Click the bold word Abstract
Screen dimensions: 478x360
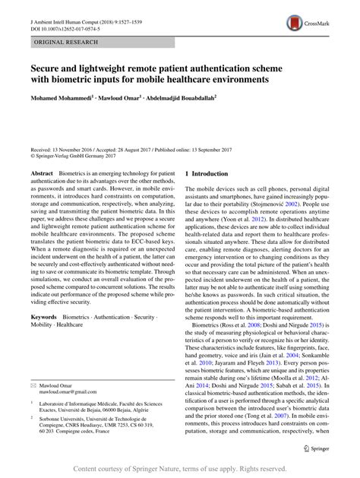[41, 174]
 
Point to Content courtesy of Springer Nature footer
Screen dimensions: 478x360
[179, 470]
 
